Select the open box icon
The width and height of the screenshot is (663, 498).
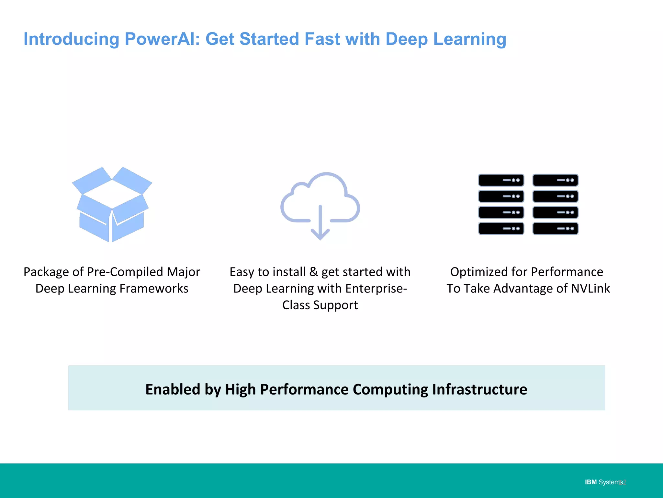112,204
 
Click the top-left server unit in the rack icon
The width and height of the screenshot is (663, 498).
501,180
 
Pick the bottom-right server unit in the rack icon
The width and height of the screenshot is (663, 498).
555,229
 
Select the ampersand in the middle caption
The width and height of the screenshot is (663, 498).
313,272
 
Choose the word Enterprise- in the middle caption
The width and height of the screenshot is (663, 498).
376,289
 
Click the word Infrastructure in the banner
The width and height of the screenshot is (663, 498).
479,389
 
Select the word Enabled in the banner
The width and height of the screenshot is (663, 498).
173,389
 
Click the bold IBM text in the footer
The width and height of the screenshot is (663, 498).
590,482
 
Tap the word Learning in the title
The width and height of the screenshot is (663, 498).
469,39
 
